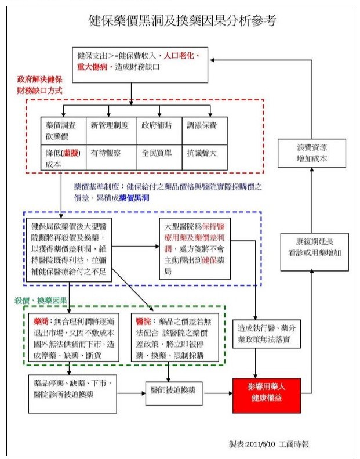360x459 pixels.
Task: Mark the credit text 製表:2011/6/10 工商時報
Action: (269, 443)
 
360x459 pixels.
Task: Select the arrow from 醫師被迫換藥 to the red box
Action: (217, 393)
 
